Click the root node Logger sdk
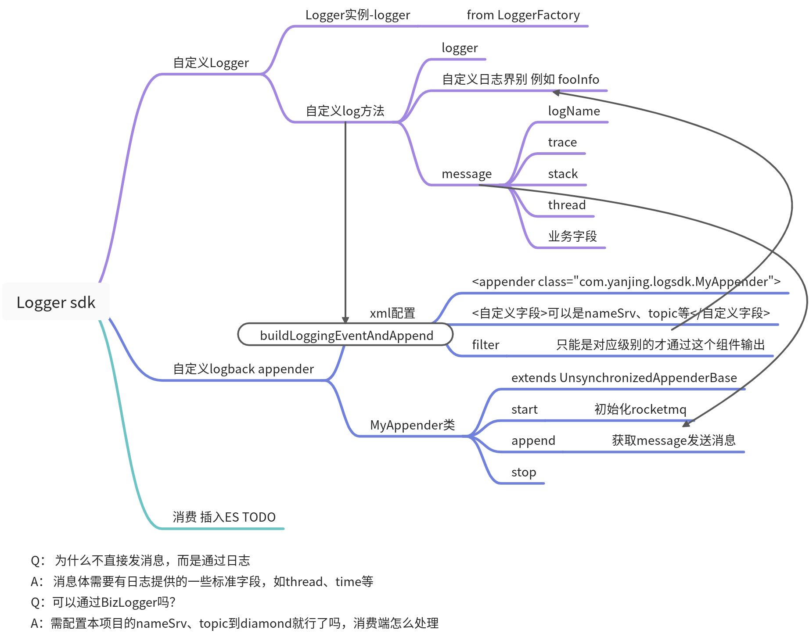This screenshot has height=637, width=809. click(56, 302)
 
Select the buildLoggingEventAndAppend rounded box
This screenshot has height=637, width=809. click(346, 335)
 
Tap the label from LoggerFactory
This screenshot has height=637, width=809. click(523, 15)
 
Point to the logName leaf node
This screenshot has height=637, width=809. click(574, 111)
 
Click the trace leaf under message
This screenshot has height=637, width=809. click(562, 142)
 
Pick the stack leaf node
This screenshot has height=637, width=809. click(563, 174)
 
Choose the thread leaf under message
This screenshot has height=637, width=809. click(567, 205)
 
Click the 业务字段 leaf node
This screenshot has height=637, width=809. click(572, 236)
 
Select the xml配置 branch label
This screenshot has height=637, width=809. click(392, 313)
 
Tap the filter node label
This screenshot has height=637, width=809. click(485, 345)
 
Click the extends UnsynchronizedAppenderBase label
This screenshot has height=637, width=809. click(624, 378)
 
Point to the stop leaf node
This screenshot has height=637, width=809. click(523, 472)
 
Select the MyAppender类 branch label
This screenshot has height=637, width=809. click(412, 425)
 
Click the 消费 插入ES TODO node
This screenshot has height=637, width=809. click(224, 517)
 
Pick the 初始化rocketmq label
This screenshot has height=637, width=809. click(640, 409)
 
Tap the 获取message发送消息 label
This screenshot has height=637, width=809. click(673, 440)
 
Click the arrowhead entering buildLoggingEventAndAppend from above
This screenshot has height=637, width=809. click(345, 320)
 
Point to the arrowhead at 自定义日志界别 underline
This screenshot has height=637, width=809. click(556, 93)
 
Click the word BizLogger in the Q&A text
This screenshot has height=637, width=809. click(129, 602)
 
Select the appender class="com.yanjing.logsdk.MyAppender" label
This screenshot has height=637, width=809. click(626, 282)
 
